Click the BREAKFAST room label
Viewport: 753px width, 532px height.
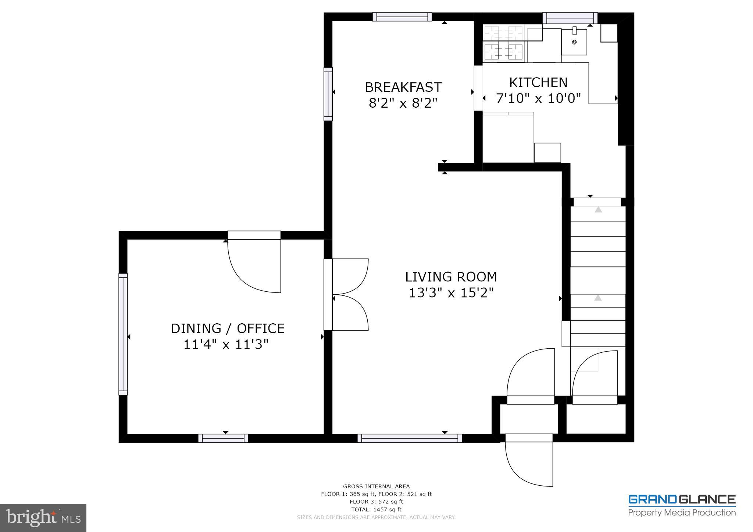403,87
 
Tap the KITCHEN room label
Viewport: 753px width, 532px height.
538,82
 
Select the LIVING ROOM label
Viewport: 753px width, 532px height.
451,277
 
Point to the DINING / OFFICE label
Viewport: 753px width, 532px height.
228,328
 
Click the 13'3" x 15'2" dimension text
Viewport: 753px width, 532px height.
451,293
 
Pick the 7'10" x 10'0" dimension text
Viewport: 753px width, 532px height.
538,98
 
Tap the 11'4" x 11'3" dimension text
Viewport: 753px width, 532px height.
226,345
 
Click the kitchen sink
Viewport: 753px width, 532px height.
574,42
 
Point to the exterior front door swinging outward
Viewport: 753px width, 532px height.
529,461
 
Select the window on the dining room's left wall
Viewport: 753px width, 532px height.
123,334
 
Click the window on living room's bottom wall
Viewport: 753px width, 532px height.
409,438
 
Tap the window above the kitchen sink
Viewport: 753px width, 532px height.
570,18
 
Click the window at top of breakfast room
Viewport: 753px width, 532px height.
402,17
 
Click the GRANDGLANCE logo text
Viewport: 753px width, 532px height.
682,499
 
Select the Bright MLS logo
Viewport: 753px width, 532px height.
43,518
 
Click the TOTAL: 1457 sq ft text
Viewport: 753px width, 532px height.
376,509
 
